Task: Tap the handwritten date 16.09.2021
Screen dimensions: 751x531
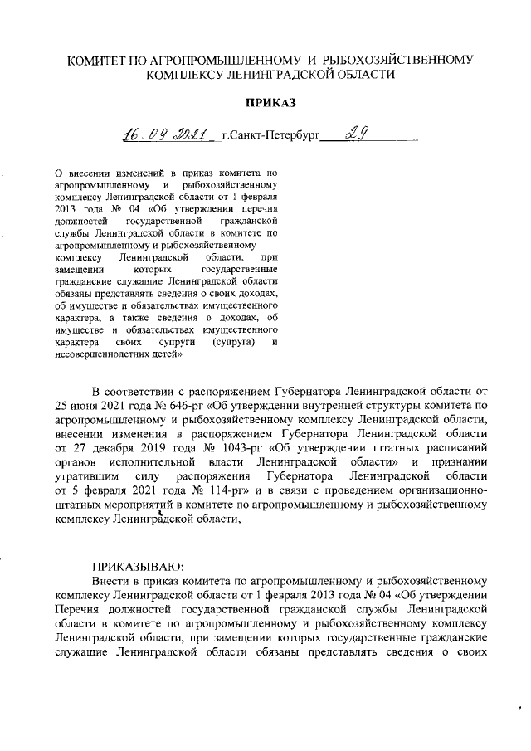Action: tap(163, 133)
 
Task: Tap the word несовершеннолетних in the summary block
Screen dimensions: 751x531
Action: tap(101, 354)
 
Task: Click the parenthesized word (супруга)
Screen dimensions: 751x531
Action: tap(233, 342)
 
